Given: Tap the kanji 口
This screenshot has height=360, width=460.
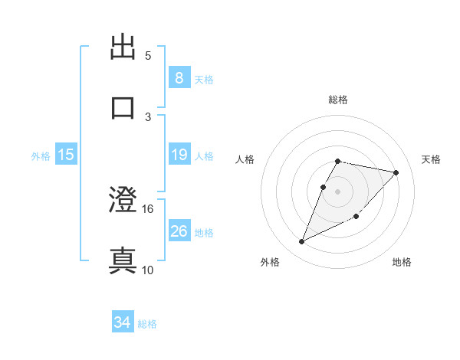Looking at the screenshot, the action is pyautogui.click(x=123, y=106).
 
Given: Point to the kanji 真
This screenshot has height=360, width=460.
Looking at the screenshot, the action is pyautogui.click(x=123, y=260).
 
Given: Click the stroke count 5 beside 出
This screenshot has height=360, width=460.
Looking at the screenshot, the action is pyautogui.click(x=148, y=56).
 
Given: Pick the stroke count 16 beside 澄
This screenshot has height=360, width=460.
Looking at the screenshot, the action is pyautogui.click(x=148, y=209).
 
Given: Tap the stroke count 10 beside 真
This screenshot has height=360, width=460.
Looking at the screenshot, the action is pyautogui.click(x=148, y=270).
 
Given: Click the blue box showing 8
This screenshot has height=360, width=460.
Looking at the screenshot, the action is pyautogui.click(x=179, y=78).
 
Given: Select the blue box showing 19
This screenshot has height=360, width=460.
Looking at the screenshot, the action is pyautogui.click(x=179, y=155).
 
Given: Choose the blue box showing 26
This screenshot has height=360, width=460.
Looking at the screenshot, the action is pyautogui.click(x=179, y=231).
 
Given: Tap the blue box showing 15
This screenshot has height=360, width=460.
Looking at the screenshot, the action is pyautogui.click(x=66, y=155).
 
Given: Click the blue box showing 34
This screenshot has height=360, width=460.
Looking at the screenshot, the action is pyautogui.click(x=122, y=322).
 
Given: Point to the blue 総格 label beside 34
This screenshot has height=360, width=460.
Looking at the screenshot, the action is pyautogui.click(x=147, y=324).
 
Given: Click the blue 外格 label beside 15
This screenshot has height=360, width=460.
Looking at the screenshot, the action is pyautogui.click(x=41, y=156).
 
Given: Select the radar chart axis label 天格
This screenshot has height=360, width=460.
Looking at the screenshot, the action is pyautogui.click(x=431, y=159).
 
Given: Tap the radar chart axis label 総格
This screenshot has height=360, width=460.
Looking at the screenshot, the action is pyautogui.click(x=338, y=100).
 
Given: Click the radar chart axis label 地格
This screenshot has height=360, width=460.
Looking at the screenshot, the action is pyautogui.click(x=402, y=262).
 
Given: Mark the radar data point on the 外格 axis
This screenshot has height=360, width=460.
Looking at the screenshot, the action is pyautogui.click(x=302, y=241).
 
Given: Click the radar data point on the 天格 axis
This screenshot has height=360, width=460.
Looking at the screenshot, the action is pyautogui.click(x=396, y=172).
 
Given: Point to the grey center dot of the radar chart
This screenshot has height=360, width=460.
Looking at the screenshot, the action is pyautogui.click(x=338, y=191).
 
